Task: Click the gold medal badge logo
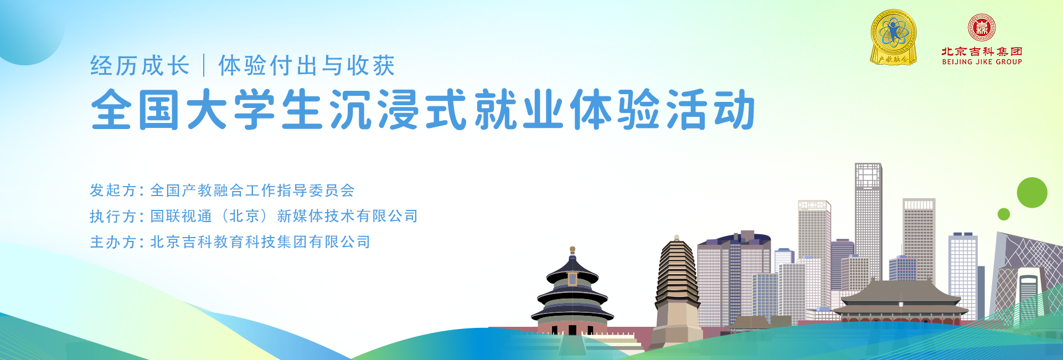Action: point(893,37)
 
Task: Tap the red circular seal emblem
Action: point(982,28)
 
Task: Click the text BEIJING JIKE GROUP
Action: point(982,62)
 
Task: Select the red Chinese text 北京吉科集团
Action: point(982,52)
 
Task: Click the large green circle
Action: point(1032,193)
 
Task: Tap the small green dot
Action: point(1004,214)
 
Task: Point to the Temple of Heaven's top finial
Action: point(572,250)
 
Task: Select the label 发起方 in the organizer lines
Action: point(113,191)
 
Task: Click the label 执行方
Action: point(113,216)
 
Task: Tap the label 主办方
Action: point(113,242)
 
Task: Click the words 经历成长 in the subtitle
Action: point(140,65)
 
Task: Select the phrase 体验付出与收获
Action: point(307,65)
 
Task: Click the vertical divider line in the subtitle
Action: point(204,65)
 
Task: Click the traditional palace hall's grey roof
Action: point(900,294)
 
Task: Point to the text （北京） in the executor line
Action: point(245,216)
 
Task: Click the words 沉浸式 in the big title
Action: point(398,110)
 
